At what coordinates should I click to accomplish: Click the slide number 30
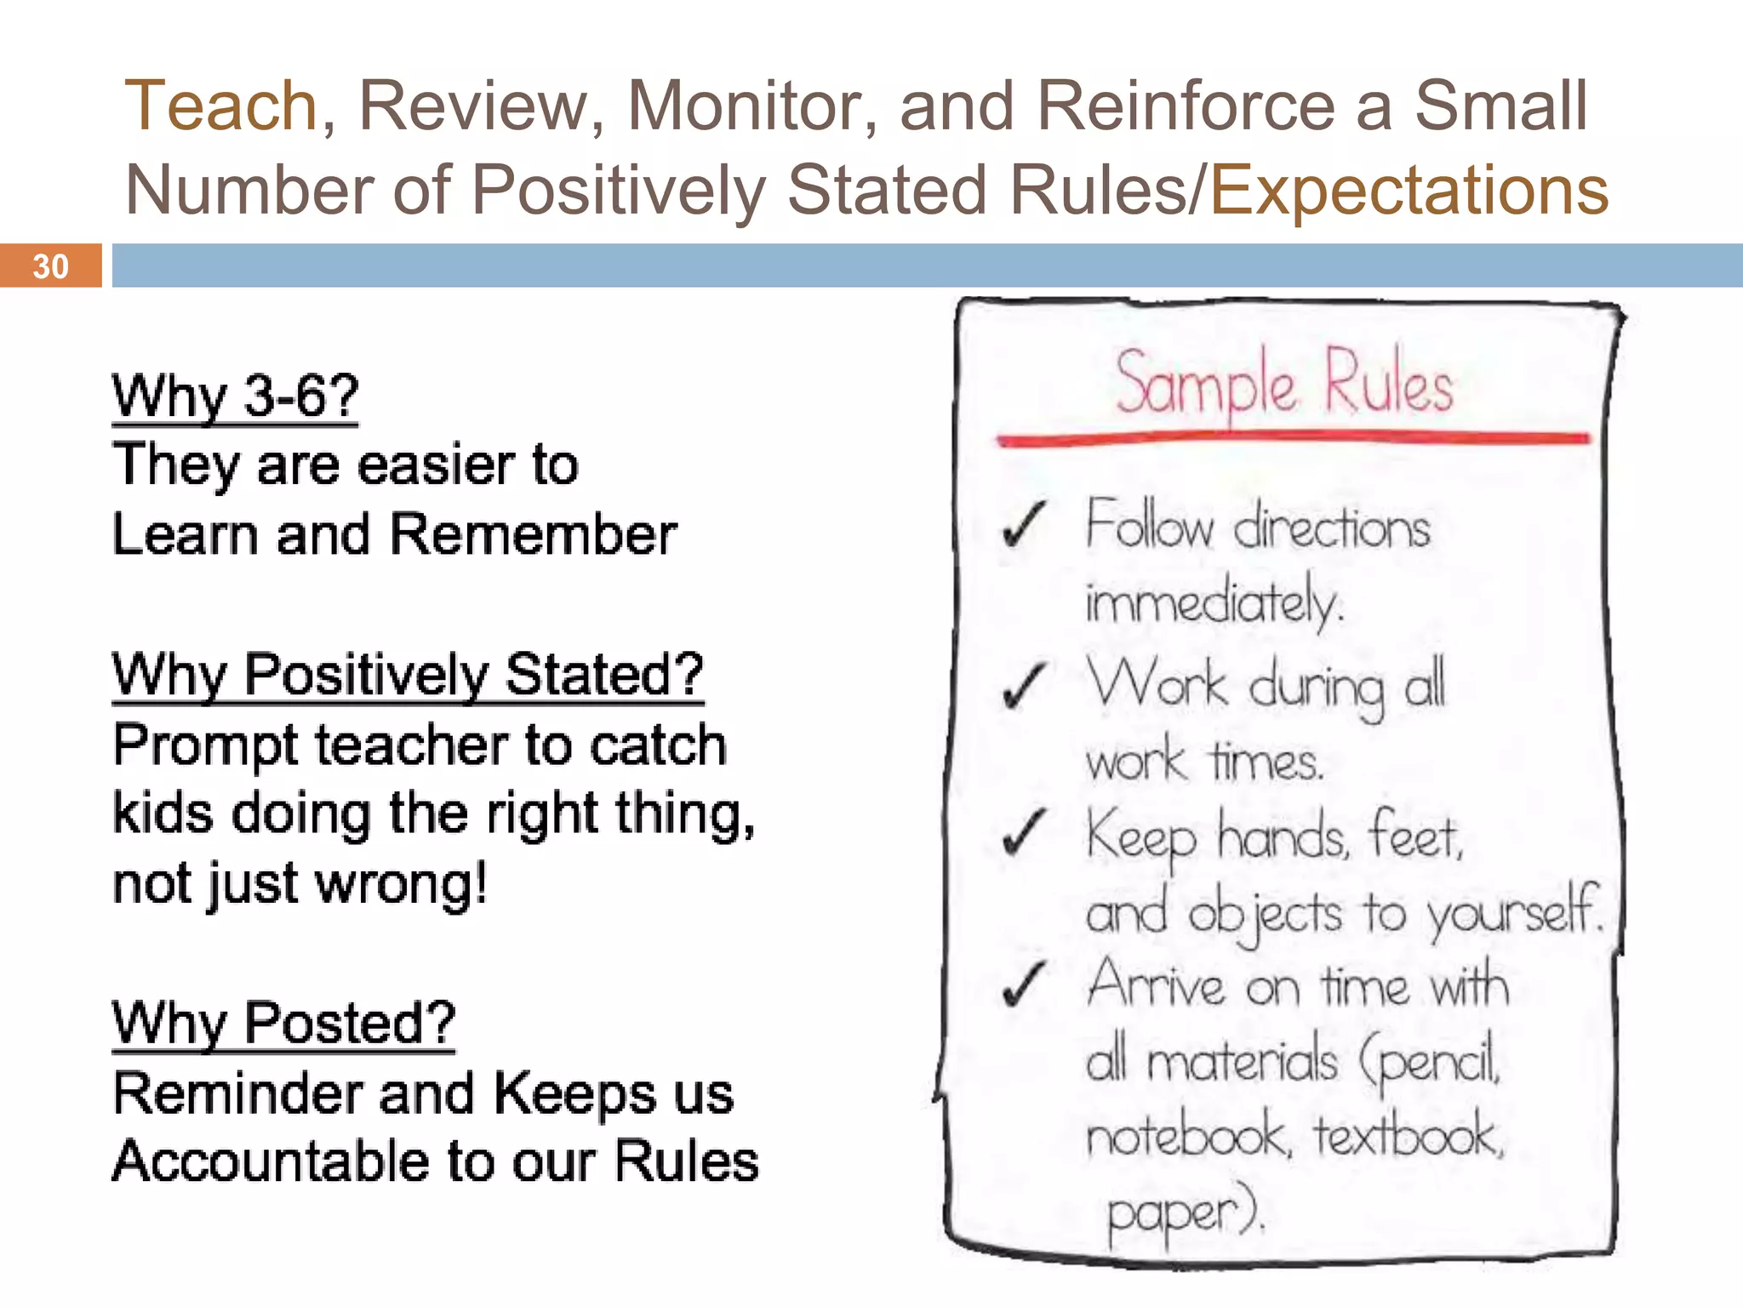[x=50, y=266]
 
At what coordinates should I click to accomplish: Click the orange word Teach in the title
[x=221, y=106]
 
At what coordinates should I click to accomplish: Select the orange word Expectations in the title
[x=1409, y=190]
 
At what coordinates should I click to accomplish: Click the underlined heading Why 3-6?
[x=236, y=397]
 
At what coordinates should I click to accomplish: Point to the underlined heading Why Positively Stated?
[x=408, y=676]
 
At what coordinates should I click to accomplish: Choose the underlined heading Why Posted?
[x=283, y=1024]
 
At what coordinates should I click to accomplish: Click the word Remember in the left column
[x=534, y=535]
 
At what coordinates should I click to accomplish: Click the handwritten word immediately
[x=1214, y=602]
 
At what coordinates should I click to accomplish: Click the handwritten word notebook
[x=1188, y=1136]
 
